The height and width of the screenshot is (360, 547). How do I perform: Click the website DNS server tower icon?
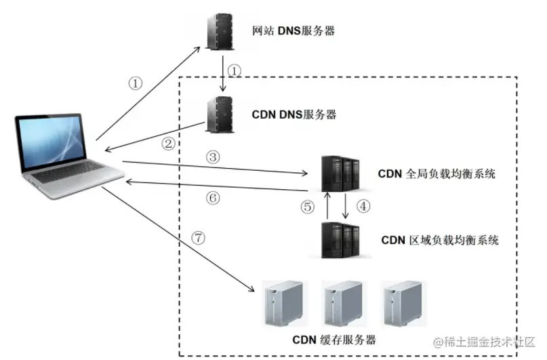(220, 31)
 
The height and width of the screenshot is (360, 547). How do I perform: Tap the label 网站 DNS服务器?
(293, 31)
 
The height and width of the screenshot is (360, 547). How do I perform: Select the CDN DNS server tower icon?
(220, 115)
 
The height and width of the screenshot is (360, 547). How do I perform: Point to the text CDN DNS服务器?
(294, 115)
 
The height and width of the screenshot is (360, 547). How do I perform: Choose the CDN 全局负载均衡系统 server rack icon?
(340, 174)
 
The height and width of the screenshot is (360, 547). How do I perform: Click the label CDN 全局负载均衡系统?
(437, 174)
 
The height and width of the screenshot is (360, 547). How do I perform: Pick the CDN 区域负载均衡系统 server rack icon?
(340, 240)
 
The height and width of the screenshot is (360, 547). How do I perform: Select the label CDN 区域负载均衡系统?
(439, 240)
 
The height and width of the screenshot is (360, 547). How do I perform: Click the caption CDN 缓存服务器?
(334, 340)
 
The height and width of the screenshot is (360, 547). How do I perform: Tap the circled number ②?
(168, 143)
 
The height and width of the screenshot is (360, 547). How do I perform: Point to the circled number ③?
(213, 157)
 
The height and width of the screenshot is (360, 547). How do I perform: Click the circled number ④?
(363, 206)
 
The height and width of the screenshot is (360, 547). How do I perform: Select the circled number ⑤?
(307, 207)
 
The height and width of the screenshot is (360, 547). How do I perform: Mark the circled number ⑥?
(213, 198)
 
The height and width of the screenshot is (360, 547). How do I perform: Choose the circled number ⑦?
(198, 238)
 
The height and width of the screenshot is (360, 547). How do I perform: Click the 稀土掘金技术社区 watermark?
(484, 342)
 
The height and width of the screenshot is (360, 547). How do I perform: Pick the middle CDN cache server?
(343, 304)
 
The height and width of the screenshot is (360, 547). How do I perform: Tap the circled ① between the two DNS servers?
(235, 71)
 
